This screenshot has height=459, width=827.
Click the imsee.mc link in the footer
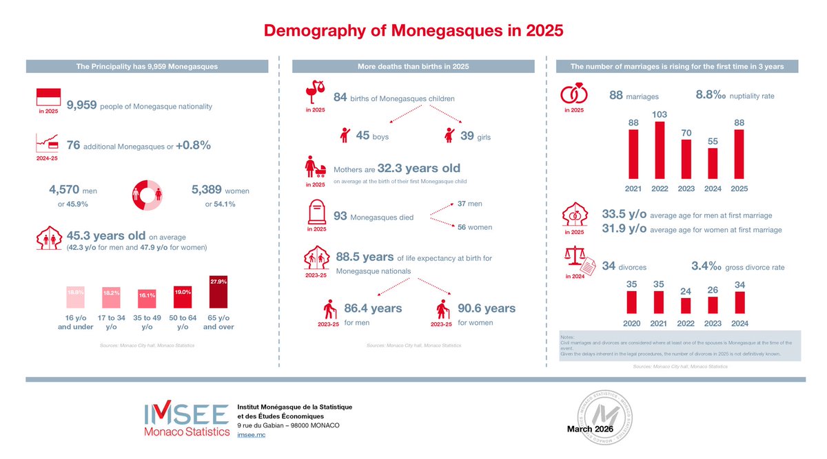[x=251, y=436]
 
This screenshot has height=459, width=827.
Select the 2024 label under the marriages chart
[x=712, y=188]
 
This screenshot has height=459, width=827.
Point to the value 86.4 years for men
[x=373, y=308]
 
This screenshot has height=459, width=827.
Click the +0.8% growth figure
[x=193, y=146]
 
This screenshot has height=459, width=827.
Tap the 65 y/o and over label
[x=218, y=322]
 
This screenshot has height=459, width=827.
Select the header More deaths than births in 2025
[x=413, y=67]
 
